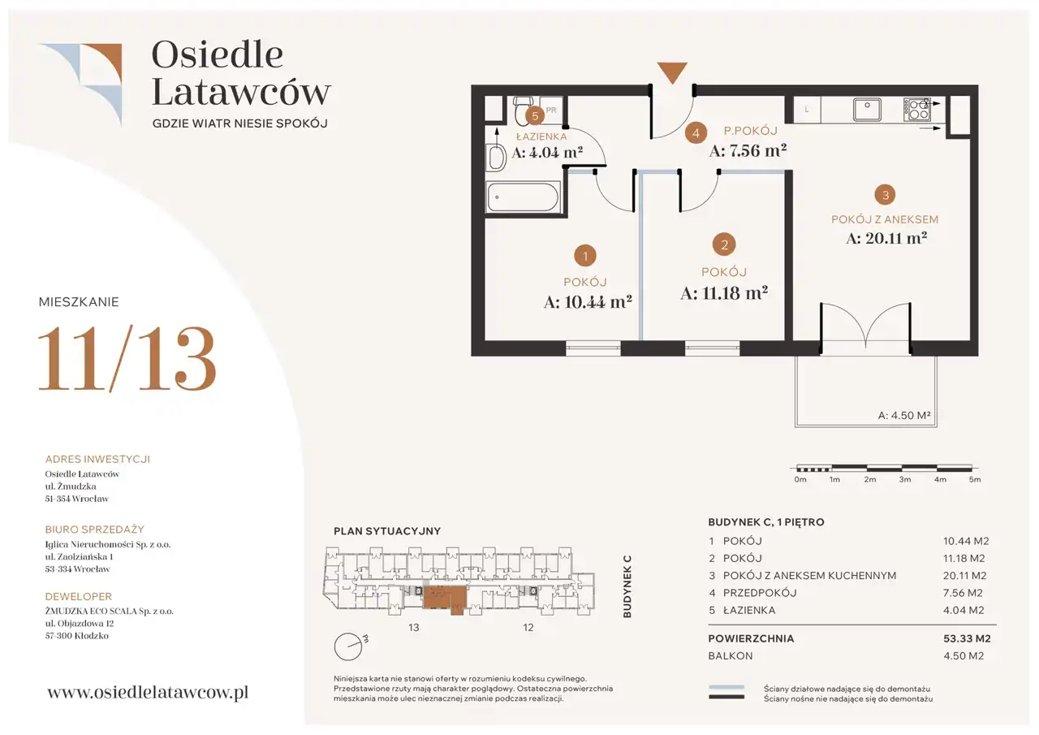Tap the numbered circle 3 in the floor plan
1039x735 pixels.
click(x=885, y=195)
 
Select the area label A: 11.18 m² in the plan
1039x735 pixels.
click(x=724, y=293)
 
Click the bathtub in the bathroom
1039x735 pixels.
click(x=523, y=197)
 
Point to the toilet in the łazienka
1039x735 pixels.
click(x=524, y=107)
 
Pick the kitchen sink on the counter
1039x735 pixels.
click(x=867, y=110)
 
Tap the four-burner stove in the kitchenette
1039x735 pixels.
click(x=917, y=110)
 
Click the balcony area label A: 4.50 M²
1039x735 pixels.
click(x=904, y=415)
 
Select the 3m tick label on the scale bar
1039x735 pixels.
click(x=904, y=479)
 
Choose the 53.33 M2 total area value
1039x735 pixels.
click(x=967, y=638)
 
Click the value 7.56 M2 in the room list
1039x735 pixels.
click(x=963, y=593)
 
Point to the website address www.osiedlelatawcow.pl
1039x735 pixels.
click(x=148, y=692)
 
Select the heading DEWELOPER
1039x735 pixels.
click(x=79, y=596)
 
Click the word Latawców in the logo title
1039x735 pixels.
click(x=241, y=92)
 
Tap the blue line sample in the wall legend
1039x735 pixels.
click(x=726, y=687)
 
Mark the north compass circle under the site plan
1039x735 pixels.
click(x=348, y=646)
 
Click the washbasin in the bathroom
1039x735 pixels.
click(x=496, y=158)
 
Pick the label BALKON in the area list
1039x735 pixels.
click(x=731, y=655)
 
